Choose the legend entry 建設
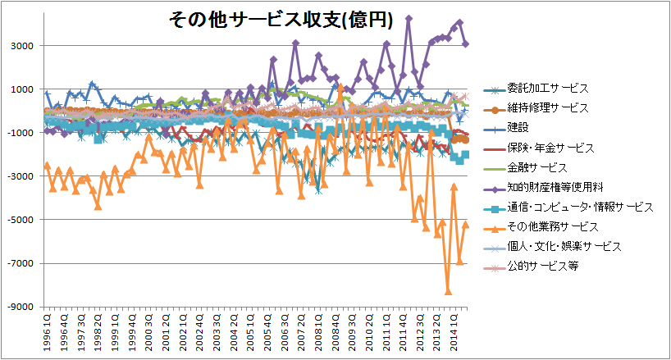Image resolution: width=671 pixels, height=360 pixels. [x=519, y=128]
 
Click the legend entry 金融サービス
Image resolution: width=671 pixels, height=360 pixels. [x=538, y=168]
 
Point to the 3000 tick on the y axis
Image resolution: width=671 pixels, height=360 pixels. [x=24, y=46]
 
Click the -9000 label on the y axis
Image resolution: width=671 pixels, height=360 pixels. [x=22, y=307]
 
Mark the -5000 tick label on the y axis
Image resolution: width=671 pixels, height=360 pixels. [x=22, y=220]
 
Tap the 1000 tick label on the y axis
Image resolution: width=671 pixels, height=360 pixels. [x=24, y=89]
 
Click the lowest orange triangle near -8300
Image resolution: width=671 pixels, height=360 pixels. [x=449, y=290]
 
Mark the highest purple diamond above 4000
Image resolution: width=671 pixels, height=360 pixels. [x=409, y=18]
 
